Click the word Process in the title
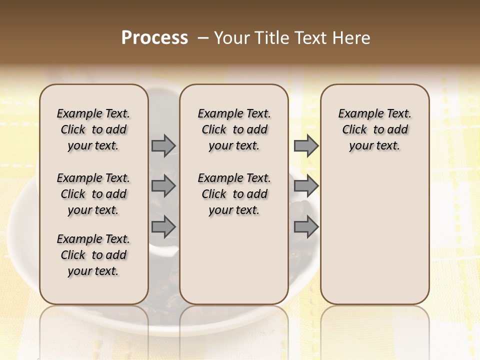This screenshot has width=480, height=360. tap(154, 38)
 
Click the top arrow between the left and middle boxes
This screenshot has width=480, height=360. tap(163, 145)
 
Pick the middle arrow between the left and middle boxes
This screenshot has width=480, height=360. tap(163, 186)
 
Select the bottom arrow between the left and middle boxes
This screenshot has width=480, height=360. tap(163, 227)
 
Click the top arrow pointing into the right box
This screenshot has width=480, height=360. tap(306, 145)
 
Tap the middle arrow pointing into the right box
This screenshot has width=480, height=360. tap(306, 186)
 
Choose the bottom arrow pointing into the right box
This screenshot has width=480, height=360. tap(306, 227)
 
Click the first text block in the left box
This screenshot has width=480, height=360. tap(93, 129)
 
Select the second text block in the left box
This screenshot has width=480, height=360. tap(93, 194)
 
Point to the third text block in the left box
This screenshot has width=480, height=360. tap(93, 255)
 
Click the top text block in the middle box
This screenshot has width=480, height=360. tap(234, 129)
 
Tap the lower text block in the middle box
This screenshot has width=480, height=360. tap(234, 194)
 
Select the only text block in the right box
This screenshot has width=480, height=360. tap(374, 129)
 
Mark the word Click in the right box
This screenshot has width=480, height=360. tap(354, 130)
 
